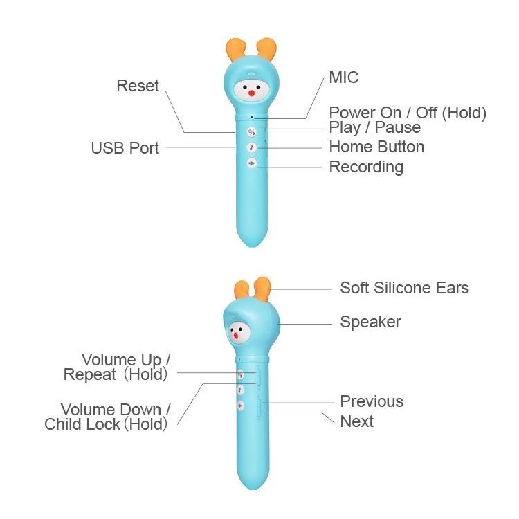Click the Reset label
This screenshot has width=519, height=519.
coord(137,86)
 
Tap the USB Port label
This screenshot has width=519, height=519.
coord(125,147)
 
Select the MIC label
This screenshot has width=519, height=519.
coord(343,77)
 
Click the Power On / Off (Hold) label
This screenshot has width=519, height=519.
coord(408,113)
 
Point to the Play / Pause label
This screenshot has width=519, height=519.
coord(374,128)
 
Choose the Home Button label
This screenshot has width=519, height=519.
coord(376,147)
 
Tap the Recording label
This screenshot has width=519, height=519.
coord(366,167)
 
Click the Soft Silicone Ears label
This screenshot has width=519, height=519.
coord(404,288)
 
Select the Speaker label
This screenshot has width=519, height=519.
coord(370,322)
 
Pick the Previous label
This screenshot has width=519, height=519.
coord(372,401)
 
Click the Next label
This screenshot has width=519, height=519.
coord(356,421)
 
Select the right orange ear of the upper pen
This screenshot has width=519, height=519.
coord(266,48)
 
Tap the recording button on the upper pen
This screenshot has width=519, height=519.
coord(251,163)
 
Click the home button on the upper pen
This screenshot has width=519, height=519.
coord(251,147)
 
